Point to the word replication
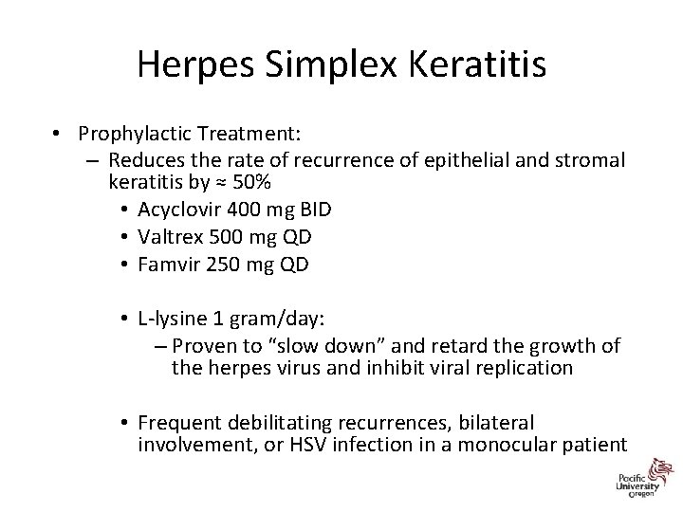point(526,367)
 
